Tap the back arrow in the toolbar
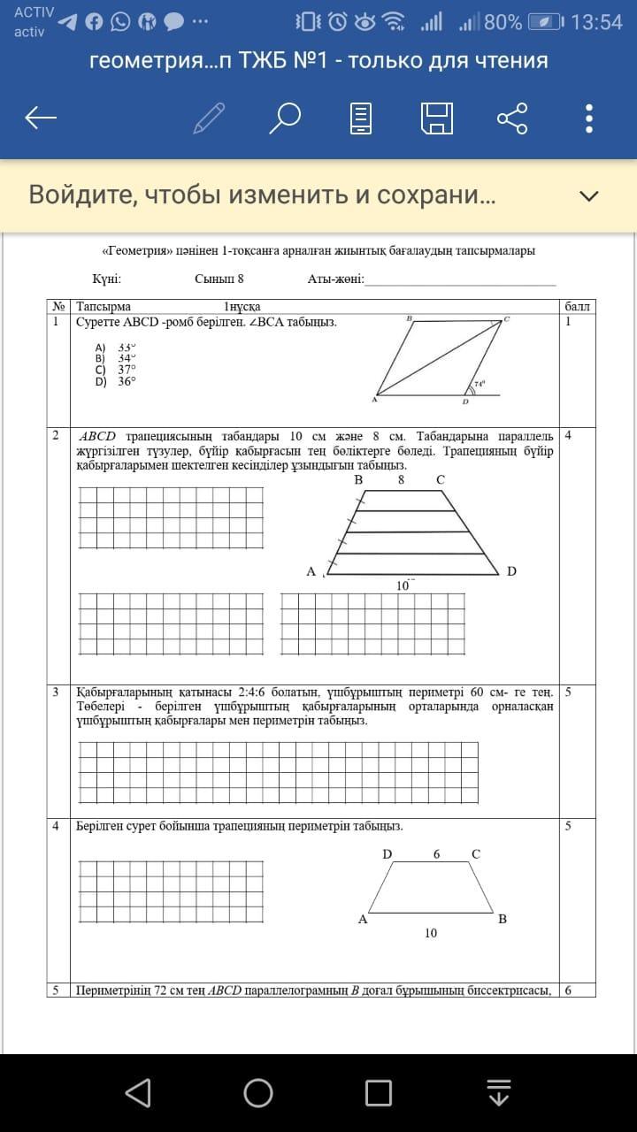[42, 118]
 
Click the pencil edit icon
[209, 118]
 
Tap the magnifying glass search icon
[285, 118]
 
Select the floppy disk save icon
[437, 118]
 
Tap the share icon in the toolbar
[512, 118]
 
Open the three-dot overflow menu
[589, 118]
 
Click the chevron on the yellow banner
[588, 195]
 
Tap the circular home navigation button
[258, 1093]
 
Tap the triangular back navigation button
[138, 1093]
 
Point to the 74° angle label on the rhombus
[479, 385]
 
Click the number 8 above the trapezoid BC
[401, 479]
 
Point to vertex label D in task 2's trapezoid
[511, 571]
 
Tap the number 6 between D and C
[436, 854]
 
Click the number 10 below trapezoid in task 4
[430, 933]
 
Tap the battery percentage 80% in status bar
[503, 22]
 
